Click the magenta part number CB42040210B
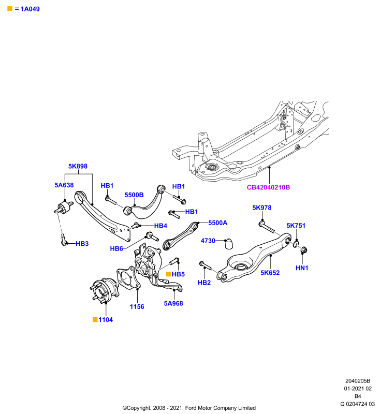pos(268,187)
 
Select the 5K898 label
pos(78,166)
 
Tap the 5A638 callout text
pos(64,185)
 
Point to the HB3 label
pos(82,244)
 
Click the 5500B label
pos(134,195)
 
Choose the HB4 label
pos(161,226)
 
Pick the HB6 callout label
pos(116,249)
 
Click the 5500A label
pos(218,223)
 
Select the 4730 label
pos(208,241)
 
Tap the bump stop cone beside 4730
pos(229,244)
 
